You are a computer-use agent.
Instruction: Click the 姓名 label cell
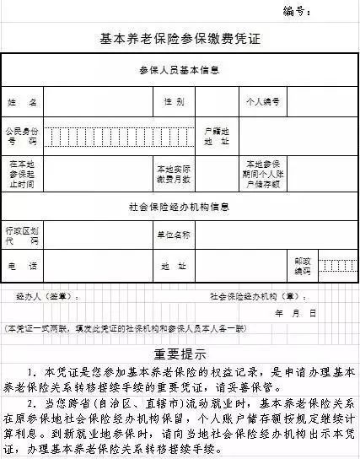(x=24, y=102)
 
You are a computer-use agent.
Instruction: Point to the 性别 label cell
(x=174, y=102)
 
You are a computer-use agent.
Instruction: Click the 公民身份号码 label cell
(x=23, y=137)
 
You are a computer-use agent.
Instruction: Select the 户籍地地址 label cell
(x=217, y=137)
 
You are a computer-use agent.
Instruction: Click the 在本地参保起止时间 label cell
(x=23, y=172)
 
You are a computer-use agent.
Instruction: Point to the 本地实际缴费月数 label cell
(x=173, y=172)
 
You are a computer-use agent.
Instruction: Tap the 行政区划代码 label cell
(x=23, y=235)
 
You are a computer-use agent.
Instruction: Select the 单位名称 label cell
(x=173, y=235)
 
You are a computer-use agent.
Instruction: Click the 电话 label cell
(x=23, y=267)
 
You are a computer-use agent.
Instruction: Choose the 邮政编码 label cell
(x=302, y=267)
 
